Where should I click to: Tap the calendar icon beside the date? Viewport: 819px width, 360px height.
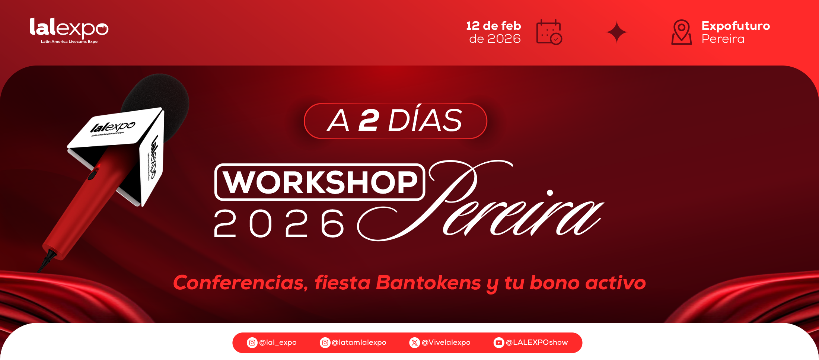[x=549, y=32]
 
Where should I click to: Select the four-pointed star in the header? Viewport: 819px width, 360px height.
[x=616, y=32]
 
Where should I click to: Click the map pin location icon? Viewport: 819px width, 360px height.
[x=682, y=32]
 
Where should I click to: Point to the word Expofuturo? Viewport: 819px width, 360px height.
[x=736, y=26]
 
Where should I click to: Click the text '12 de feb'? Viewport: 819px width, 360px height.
[x=493, y=26]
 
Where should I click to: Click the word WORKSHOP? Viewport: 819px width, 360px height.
[x=320, y=182]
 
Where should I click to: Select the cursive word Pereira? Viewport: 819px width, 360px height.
[x=480, y=201]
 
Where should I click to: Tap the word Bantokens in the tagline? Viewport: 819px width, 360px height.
[x=428, y=283]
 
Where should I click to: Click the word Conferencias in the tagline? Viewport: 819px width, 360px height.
[x=240, y=283]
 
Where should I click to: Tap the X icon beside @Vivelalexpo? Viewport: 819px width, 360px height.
[x=414, y=343]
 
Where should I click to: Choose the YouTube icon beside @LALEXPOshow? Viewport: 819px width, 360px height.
[x=499, y=343]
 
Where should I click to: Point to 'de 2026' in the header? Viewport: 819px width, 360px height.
[x=495, y=39]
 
